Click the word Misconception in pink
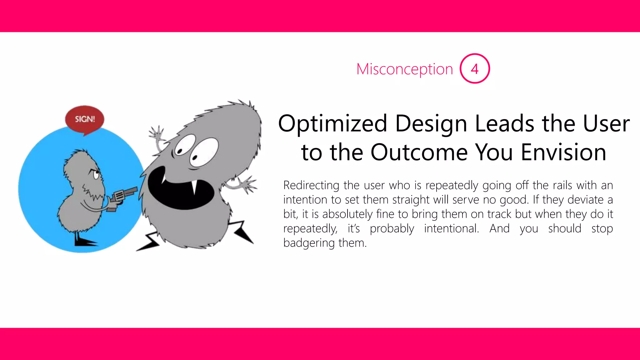click(x=404, y=69)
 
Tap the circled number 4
click(x=474, y=69)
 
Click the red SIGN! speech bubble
click(x=85, y=119)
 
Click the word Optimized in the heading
click(x=332, y=124)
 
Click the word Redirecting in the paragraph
click(x=311, y=185)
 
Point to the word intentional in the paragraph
click(x=451, y=228)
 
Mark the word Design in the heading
click(x=431, y=124)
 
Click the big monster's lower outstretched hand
click(x=249, y=184)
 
